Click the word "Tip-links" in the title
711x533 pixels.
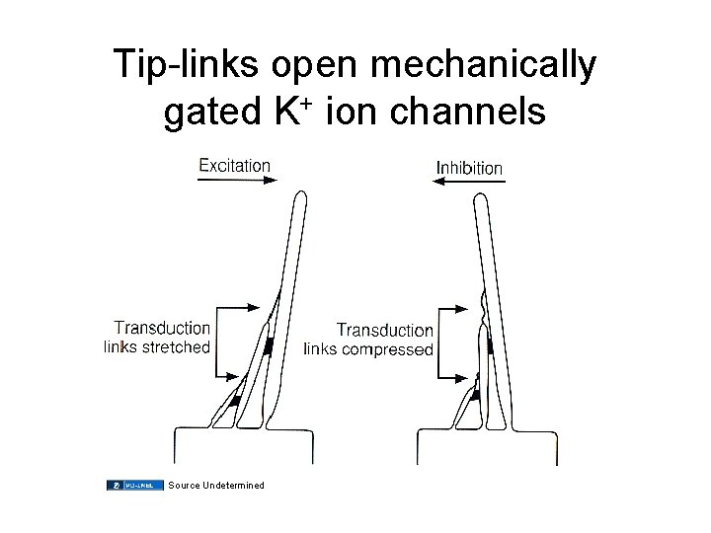pyautogui.click(x=185, y=65)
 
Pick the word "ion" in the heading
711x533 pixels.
pyautogui.click(x=355, y=113)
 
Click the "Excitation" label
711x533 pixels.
pyautogui.click(x=234, y=165)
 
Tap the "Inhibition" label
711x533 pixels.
pyautogui.click(x=469, y=168)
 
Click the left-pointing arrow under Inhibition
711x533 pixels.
pyautogui.click(x=469, y=184)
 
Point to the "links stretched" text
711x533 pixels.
pyautogui.click(x=157, y=346)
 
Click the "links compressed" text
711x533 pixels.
pyautogui.click(x=367, y=348)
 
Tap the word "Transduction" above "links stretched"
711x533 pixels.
pyautogui.click(x=162, y=328)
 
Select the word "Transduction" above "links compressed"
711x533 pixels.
pyautogui.click(x=384, y=330)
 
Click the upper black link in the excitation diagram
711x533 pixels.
pyautogui.click(x=268, y=345)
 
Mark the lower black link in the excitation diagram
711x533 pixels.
pyautogui.click(x=236, y=400)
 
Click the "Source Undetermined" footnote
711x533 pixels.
pyautogui.click(x=216, y=485)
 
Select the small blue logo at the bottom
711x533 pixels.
pyautogui.click(x=134, y=485)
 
